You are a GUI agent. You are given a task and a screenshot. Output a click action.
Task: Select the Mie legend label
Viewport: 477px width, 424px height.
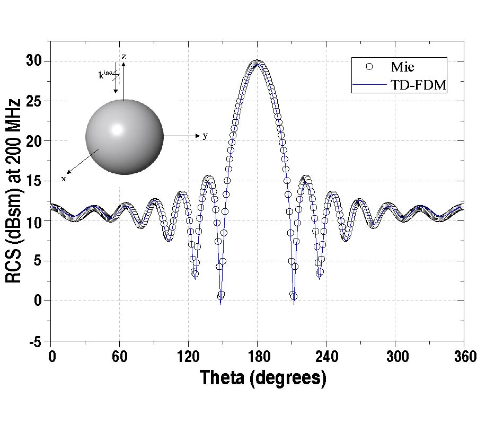coord(402,67)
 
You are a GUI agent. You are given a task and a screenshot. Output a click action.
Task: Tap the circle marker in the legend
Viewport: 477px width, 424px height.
coord(370,66)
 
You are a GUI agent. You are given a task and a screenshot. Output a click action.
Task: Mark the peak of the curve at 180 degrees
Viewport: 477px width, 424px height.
coord(258,61)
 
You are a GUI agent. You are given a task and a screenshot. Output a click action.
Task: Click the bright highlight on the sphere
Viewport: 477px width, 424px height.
coord(117,129)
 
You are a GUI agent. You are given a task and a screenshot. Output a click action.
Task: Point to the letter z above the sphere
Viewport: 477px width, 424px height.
coord(123,56)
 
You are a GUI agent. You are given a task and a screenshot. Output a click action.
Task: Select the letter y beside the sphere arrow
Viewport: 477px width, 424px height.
coord(205,136)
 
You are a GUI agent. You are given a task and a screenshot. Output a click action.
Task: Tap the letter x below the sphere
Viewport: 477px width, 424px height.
coord(64,179)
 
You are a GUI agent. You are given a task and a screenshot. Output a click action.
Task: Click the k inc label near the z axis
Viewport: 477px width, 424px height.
coord(105,75)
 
